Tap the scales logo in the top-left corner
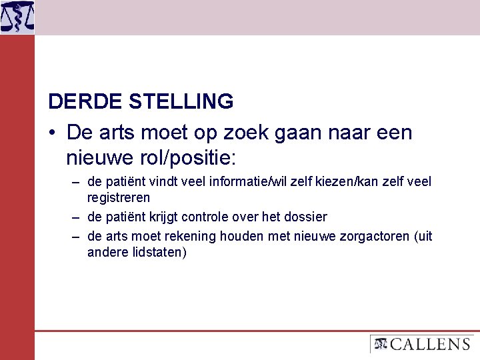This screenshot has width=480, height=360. click(17, 17)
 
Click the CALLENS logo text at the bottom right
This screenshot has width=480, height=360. click(429, 344)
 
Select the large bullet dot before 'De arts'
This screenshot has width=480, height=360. click(52, 133)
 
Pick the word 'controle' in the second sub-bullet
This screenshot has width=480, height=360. click(211, 217)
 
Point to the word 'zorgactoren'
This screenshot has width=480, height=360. click(375, 237)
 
